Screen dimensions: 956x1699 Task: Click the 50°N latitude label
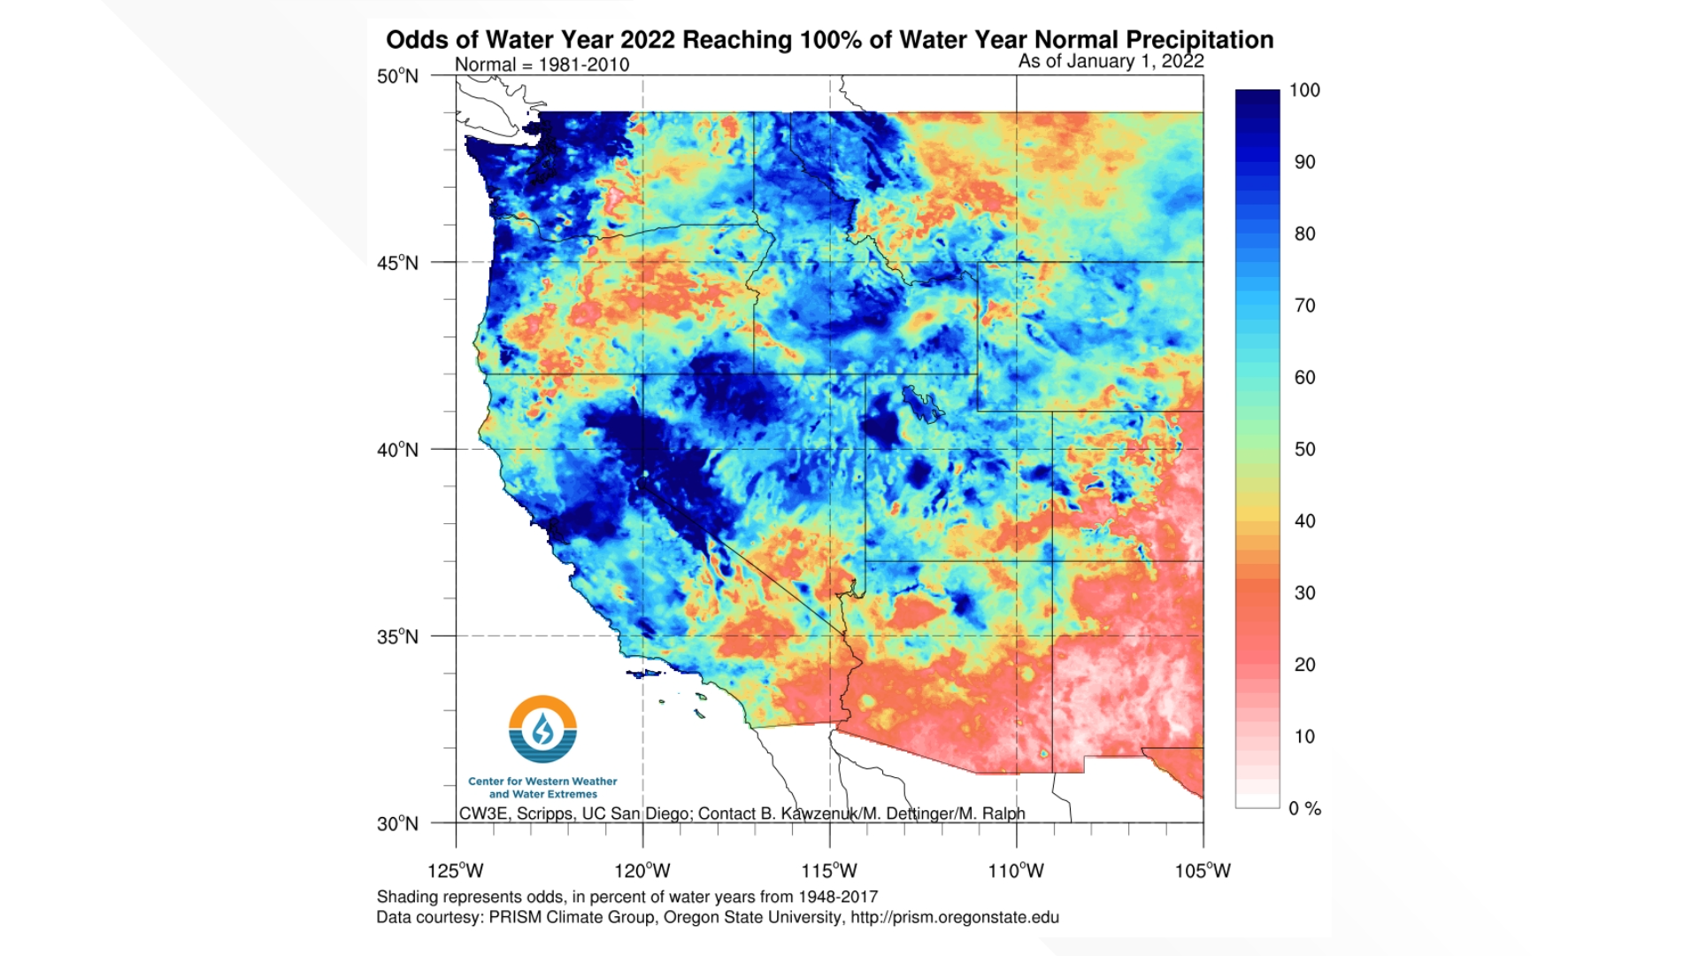[x=397, y=76]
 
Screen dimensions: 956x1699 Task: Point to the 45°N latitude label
[x=397, y=263]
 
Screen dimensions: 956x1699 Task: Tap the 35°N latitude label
[x=397, y=636]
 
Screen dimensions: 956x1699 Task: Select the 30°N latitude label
[x=397, y=824]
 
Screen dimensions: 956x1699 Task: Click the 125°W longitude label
[x=456, y=871]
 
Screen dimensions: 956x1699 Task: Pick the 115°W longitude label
[x=829, y=871]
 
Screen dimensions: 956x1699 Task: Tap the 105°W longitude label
[x=1203, y=871]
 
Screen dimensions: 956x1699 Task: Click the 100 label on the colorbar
[x=1304, y=90]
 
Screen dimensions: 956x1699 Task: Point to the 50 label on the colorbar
[x=1304, y=450]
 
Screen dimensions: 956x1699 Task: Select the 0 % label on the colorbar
[x=1304, y=809]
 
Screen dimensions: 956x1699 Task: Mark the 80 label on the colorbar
[x=1304, y=234]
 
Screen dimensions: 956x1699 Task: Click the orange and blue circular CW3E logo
[x=542, y=729]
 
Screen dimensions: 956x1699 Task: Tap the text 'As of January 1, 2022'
[x=1111, y=61]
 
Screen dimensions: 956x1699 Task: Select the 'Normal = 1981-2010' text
[x=542, y=65]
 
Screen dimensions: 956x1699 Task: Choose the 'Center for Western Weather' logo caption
[x=542, y=782]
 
